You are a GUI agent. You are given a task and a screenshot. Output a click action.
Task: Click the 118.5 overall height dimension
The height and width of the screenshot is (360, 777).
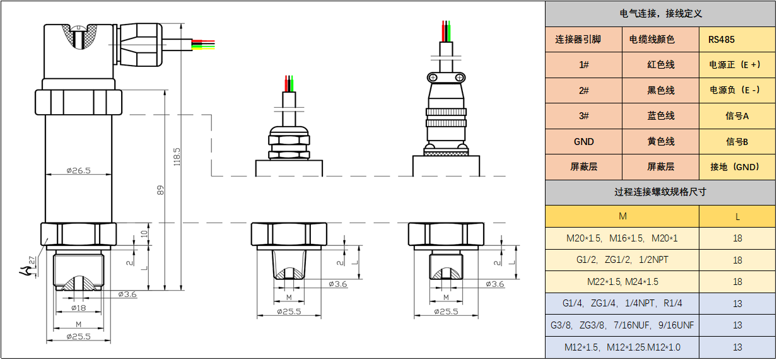point(177,157)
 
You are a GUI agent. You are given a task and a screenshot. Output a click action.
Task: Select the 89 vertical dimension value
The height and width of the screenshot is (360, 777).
point(160,190)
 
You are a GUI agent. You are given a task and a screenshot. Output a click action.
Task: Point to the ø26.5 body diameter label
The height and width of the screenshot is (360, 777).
point(78,170)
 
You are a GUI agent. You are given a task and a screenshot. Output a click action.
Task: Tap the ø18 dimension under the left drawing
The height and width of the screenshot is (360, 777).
point(78,308)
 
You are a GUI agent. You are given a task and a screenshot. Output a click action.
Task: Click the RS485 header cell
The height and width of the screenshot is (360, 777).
point(737,40)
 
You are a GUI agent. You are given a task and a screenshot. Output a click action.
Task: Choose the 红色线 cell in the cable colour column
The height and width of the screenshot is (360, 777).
point(660,65)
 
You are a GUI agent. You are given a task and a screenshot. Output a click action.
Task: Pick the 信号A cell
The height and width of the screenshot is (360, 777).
point(737,116)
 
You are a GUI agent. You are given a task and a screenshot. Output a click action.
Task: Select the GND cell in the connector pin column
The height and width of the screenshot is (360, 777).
point(584,141)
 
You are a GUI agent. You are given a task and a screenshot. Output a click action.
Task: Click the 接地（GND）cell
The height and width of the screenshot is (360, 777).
point(737,167)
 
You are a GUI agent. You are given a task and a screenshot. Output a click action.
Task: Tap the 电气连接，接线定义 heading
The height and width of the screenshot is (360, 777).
point(660,13)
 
